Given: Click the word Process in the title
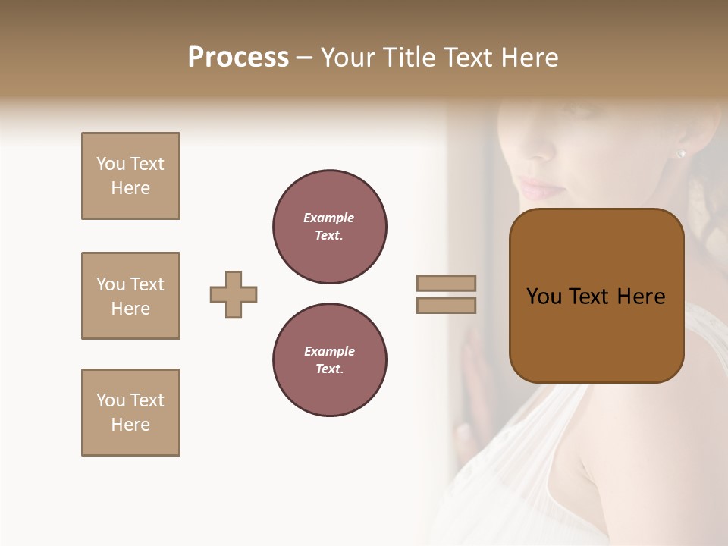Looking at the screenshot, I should (x=238, y=58).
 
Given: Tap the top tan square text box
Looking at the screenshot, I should (x=130, y=176).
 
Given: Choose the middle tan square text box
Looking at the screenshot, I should (x=130, y=296).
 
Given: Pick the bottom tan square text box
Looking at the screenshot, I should (x=130, y=413).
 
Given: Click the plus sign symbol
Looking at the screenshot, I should (x=234, y=294).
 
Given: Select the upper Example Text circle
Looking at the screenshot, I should (x=330, y=227).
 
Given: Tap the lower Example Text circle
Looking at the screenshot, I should (x=330, y=360).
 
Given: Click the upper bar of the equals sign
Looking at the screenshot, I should (x=446, y=283).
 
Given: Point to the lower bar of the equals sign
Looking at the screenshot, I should (x=446, y=305).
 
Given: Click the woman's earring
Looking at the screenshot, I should (x=680, y=154).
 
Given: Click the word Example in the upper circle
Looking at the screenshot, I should (x=329, y=218).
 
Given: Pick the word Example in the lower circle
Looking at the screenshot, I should (x=329, y=352).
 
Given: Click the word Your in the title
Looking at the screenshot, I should (x=345, y=58).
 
